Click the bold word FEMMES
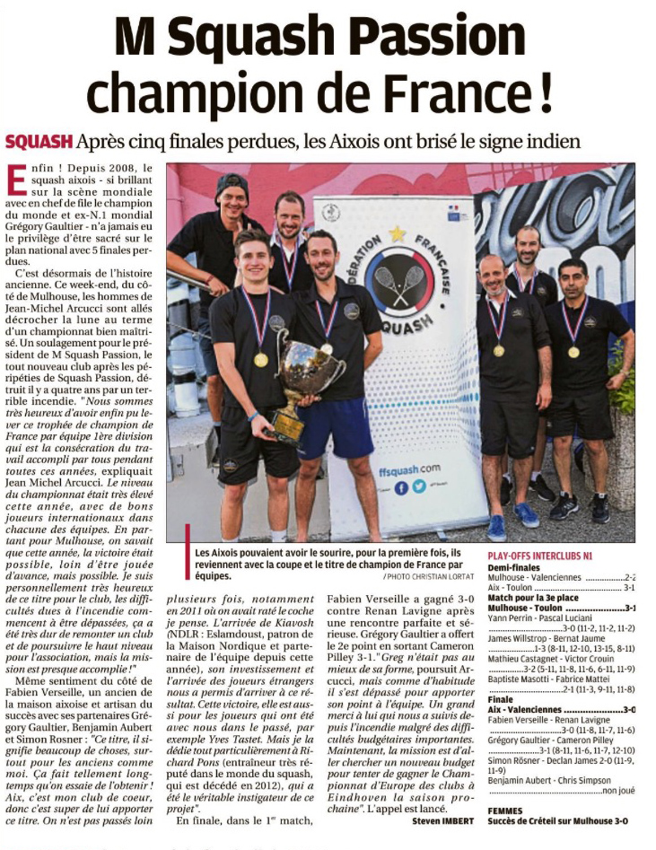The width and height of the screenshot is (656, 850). tap(505, 811)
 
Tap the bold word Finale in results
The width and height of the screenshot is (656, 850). tap(502, 697)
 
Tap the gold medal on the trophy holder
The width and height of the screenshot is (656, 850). tap(261, 359)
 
